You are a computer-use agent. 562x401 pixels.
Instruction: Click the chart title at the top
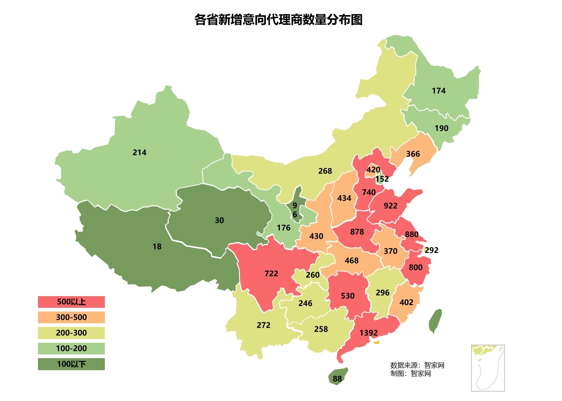coord(278,20)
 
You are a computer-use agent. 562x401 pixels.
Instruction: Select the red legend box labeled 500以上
coord(71,302)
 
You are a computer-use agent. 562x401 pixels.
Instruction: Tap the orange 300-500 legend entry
coord(71,317)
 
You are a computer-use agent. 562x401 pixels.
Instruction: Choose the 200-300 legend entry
coord(71,333)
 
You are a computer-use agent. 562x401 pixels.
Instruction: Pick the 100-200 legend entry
coord(71,348)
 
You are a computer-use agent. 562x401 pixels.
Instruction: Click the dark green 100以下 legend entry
coord(71,364)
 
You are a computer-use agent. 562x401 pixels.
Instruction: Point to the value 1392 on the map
coord(368,333)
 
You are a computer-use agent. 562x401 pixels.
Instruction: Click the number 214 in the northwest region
coord(139,153)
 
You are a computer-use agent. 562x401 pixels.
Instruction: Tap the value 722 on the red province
coord(271,274)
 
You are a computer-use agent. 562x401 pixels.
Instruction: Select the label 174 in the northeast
coord(438,91)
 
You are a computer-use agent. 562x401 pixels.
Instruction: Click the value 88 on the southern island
coord(337,379)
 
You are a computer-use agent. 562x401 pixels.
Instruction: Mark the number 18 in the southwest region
coord(157,247)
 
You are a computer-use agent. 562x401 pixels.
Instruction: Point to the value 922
coord(390,206)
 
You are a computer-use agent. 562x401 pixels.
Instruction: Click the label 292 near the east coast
coord(431,250)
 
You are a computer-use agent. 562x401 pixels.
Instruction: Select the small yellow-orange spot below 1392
coord(377,342)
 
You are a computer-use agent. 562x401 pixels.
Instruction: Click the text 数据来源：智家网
coord(417,365)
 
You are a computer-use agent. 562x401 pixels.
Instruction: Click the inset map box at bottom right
coord(488,368)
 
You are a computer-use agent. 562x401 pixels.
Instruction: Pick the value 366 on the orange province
coord(413,154)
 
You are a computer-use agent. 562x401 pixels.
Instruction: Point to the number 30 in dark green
coord(219,221)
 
